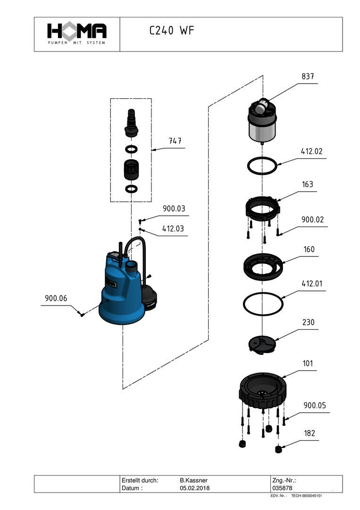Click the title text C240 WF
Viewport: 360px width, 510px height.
pos(171,31)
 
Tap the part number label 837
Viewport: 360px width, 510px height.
pos(307,76)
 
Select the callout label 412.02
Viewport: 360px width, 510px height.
pos(311,152)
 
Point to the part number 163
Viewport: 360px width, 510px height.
pos(307,184)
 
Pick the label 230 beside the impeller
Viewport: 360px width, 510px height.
pos(308,323)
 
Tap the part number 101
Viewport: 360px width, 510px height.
pos(308,364)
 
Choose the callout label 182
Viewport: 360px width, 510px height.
pos(310,433)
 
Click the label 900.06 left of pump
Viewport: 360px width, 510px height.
pos(56,298)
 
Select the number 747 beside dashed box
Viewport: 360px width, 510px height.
pos(176,141)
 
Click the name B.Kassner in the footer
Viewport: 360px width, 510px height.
pos(194,480)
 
